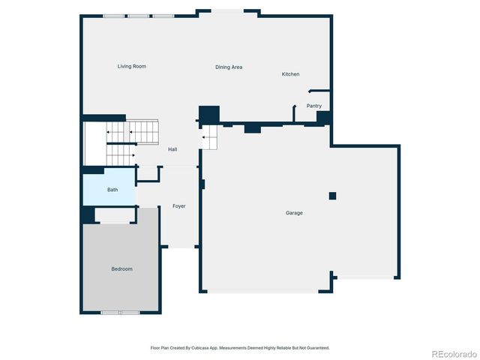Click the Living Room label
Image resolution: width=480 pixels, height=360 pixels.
tap(131, 67)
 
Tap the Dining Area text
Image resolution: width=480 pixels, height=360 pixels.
tap(229, 67)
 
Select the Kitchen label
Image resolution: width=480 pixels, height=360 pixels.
tap(290, 74)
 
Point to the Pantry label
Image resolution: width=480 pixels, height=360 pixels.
tap(313, 106)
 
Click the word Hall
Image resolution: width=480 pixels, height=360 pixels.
tap(172, 150)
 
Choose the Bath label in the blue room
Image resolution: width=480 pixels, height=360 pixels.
tap(112, 190)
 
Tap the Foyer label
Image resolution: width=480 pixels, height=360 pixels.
tap(179, 205)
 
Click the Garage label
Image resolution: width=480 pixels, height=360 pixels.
tap(294, 213)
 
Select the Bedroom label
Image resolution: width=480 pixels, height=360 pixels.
tap(121, 268)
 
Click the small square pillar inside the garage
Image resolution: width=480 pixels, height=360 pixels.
tap(332, 196)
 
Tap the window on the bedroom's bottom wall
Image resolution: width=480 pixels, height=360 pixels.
tap(120, 312)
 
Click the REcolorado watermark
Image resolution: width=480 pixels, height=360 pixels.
tap(452, 353)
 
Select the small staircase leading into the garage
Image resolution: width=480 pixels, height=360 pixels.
tap(211, 136)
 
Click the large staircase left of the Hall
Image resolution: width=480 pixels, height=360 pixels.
tap(133, 142)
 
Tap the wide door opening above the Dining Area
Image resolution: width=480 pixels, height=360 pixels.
tap(229, 11)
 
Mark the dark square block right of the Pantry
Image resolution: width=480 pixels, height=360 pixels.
tap(323, 118)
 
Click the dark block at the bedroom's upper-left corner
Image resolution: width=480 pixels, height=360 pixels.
tap(88, 215)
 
